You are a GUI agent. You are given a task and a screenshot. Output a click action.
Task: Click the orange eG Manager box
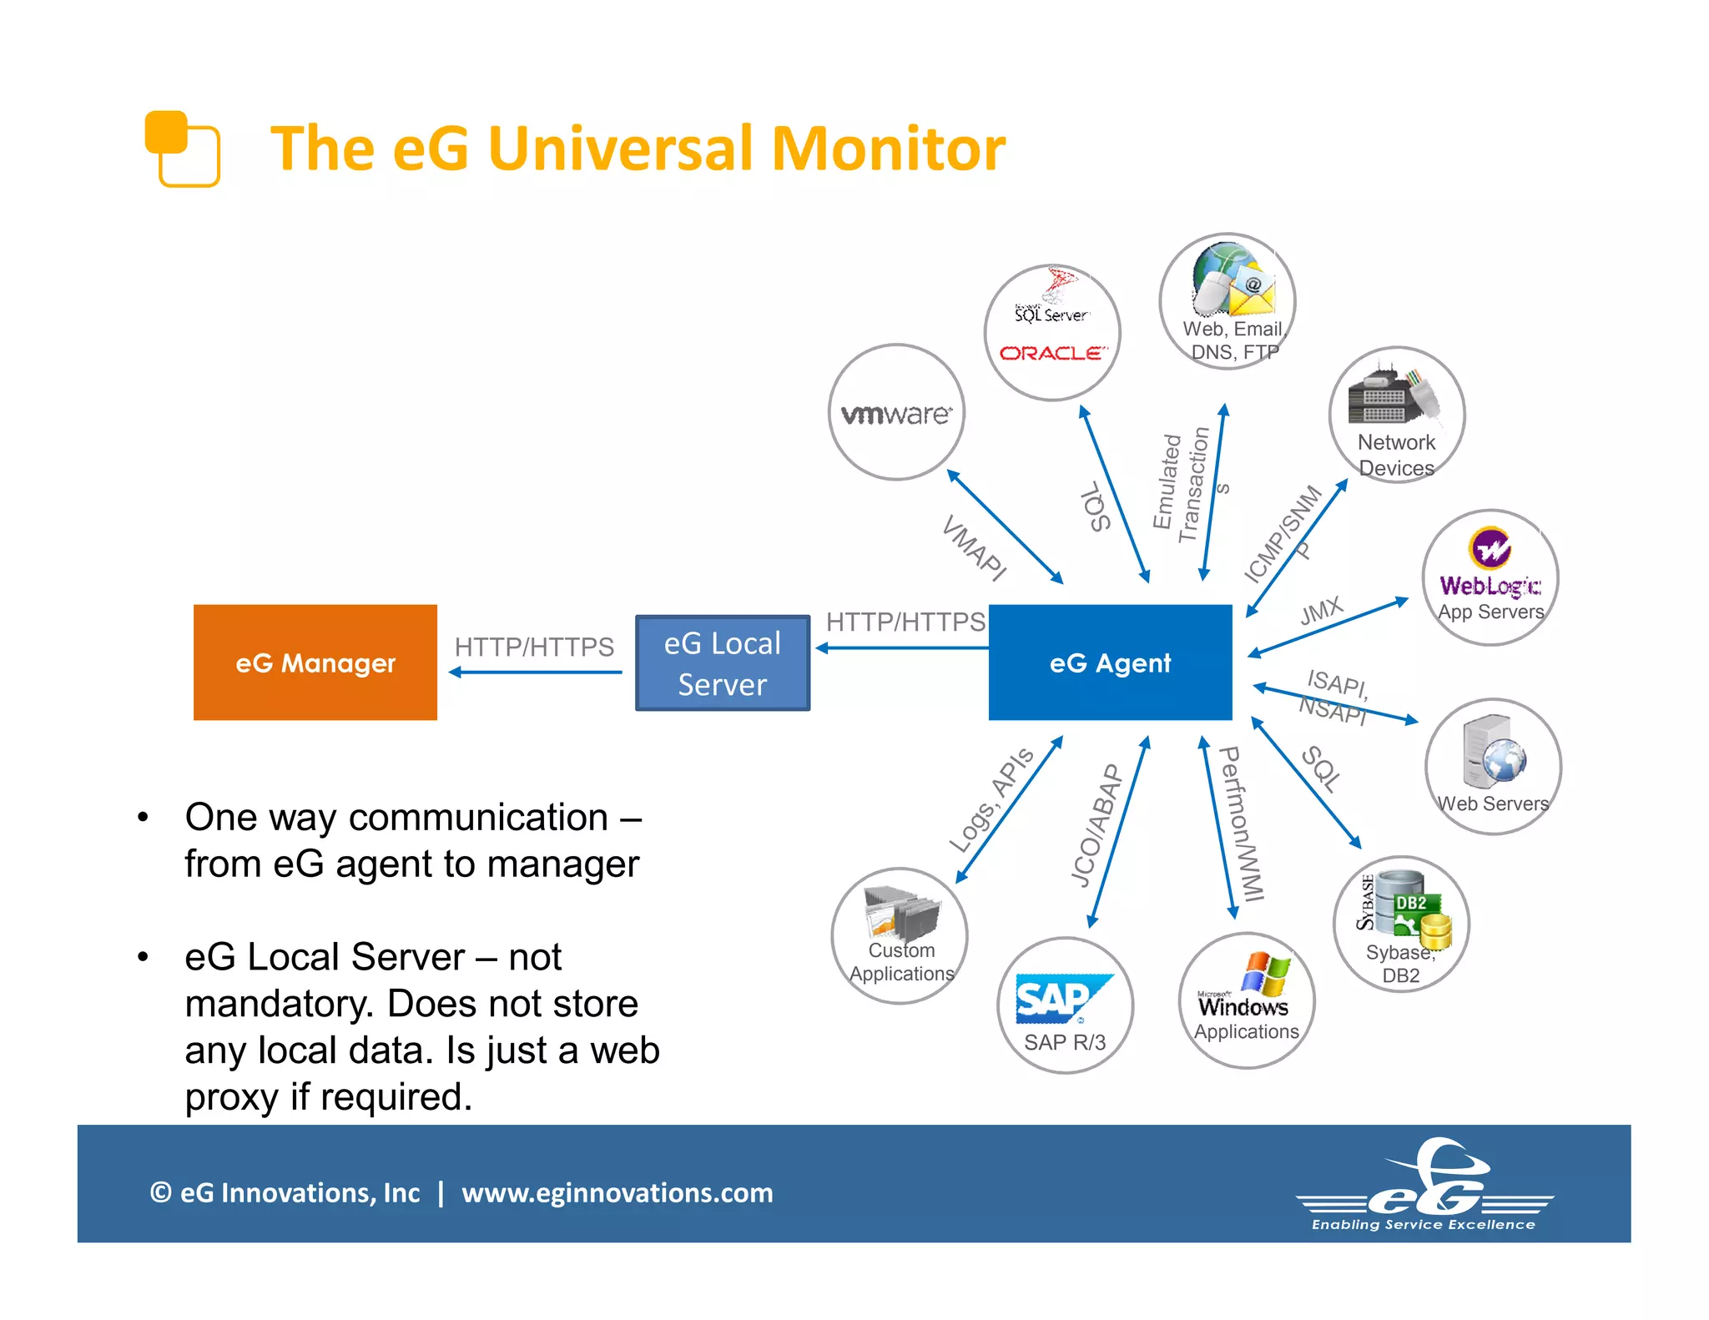(x=315, y=662)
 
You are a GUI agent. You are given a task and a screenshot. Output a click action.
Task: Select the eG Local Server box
(x=722, y=663)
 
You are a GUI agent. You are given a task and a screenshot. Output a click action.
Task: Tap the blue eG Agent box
(x=1110, y=662)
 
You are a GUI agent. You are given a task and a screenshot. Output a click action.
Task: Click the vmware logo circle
(x=896, y=412)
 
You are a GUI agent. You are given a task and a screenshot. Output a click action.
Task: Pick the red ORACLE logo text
(x=1053, y=353)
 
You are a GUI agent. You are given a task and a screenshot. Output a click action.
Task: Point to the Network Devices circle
(x=1396, y=415)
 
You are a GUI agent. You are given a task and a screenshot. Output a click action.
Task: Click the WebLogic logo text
(x=1490, y=586)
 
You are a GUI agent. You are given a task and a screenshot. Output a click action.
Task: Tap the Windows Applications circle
(x=1246, y=1000)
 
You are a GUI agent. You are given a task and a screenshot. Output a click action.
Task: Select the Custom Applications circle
(x=900, y=935)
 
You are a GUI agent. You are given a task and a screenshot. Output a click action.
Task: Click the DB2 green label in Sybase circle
(x=1411, y=903)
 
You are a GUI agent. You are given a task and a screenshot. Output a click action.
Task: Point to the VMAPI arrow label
(x=974, y=548)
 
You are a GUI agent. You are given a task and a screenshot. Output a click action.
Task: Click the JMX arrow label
(x=1321, y=611)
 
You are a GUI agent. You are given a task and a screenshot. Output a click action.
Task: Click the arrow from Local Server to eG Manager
(x=535, y=672)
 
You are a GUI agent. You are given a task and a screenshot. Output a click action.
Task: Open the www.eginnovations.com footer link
(x=617, y=1192)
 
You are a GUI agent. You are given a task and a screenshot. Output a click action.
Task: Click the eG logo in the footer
(x=1424, y=1185)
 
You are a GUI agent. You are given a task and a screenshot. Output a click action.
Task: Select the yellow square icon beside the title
(x=182, y=149)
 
